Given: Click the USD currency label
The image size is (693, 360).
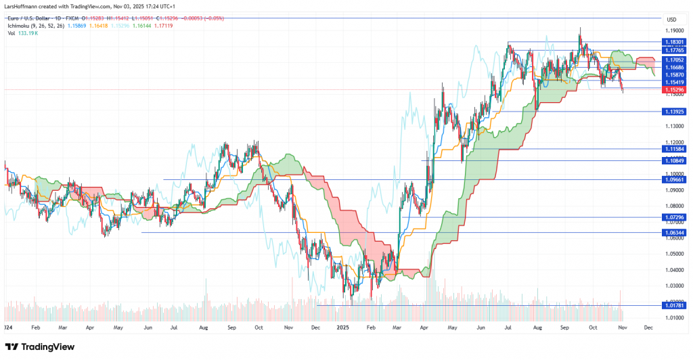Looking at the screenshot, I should [x=671, y=19].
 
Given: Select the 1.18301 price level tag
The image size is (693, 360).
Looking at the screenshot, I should [x=674, y=41].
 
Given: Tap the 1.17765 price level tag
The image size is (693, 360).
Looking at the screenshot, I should [x=674, y=50].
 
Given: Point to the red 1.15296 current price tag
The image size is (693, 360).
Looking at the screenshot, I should [x=674, y=89].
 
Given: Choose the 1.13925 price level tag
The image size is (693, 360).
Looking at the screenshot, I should [x=674, y=111].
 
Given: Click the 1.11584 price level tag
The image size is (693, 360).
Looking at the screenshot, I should [x=674, y=148].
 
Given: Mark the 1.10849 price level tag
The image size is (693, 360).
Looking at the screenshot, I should [x=674, y=160].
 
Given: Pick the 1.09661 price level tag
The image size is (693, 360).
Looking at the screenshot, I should [x=674, y=180].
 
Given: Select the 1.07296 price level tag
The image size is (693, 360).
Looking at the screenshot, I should [x=674, y=217].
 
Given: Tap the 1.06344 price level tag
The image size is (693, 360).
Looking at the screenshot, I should [x=674, y=232].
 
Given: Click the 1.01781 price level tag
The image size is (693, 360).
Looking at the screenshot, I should [x=674, y=306].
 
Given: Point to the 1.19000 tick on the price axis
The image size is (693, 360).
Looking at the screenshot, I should [x=674, y=30].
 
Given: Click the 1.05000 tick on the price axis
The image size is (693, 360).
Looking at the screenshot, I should [x=674, y=254].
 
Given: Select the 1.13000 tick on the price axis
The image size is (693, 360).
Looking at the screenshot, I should [x=674, y=126].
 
